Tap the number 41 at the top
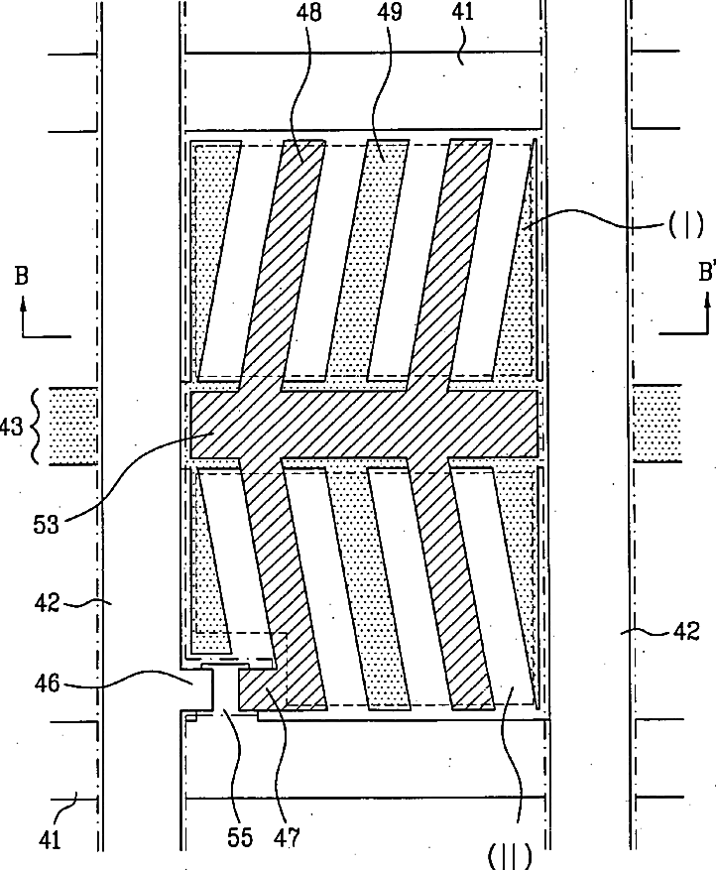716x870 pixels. click(x=462, y=13)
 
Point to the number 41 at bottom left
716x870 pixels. click(x=51, y=838)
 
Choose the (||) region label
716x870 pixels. click(x=510, y=853)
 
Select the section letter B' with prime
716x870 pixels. click(x=706, y=272)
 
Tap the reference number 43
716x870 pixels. click(x=13, y=426)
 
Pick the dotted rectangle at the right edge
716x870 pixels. click(x=656, y=425)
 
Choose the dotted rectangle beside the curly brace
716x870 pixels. click(x=73, y=426)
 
